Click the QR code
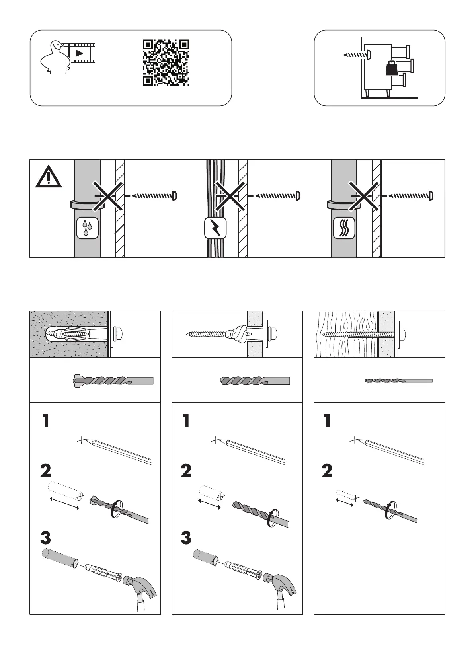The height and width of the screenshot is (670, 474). point(166,62)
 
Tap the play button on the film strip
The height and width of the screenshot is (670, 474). point(79,53)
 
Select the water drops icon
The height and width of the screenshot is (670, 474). point(87,228)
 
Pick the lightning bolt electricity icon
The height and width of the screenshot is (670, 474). point(215,228)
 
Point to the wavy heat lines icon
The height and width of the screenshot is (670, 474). point(343,228)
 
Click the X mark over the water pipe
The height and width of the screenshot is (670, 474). point(108,195)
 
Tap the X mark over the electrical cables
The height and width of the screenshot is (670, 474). point(230,195)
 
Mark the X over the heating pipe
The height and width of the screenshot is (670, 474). point(363,195)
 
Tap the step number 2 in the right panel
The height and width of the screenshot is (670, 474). point(327,471)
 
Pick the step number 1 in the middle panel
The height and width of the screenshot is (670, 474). point(186,421)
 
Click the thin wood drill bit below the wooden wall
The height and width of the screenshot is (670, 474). point(398,381)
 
